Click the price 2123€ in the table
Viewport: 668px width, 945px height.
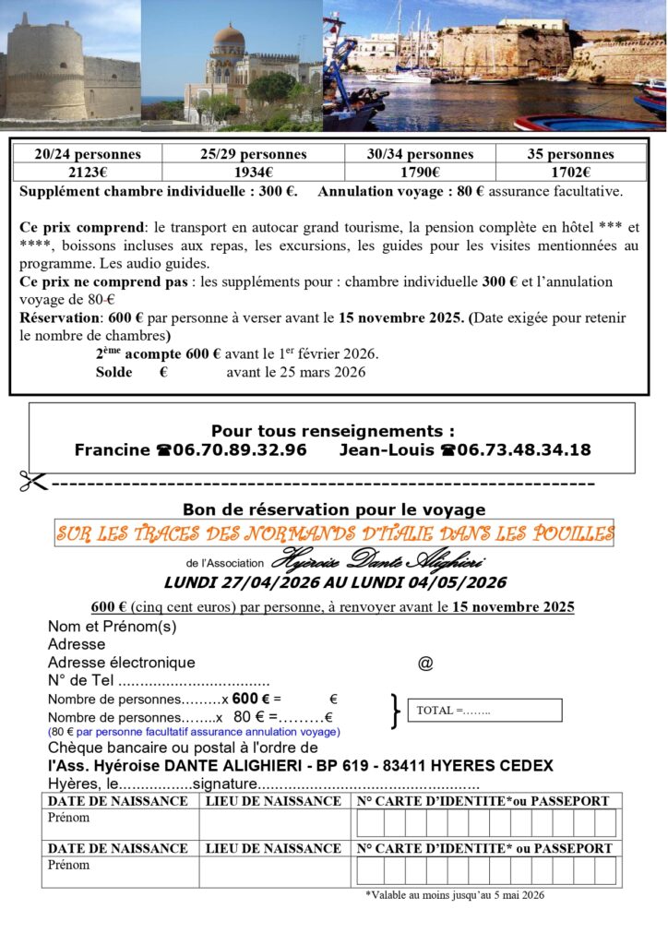coord(88,173)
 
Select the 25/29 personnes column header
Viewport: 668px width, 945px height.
coord(253,154)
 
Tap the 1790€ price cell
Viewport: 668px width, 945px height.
coord(420,173)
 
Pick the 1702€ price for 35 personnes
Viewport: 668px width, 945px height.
coord(570,173)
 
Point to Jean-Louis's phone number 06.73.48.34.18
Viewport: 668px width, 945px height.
coord(516,450)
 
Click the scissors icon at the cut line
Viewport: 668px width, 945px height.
coord(34,482)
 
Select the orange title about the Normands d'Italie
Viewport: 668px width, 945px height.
coord(334,533)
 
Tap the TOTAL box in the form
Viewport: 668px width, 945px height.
coord(484,710)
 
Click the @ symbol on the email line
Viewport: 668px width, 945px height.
coord(425,663)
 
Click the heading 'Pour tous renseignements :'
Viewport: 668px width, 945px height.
coord(332,431)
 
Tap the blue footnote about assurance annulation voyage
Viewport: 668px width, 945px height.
coord(194,732)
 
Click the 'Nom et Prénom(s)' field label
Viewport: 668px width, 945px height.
coord(112,627)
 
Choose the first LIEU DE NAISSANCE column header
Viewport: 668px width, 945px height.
coord(273,801)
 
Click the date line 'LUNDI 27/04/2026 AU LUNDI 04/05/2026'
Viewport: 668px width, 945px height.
coord(335,583)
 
